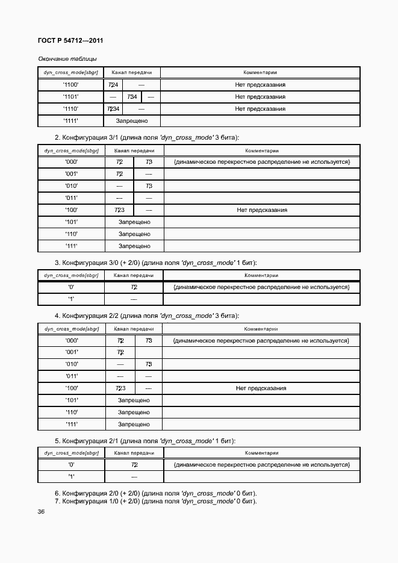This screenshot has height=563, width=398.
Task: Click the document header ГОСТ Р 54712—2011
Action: pyautogui.click(x=70, y=41)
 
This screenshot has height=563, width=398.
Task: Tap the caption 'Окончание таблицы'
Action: pyautogui.click(x=67, y=58)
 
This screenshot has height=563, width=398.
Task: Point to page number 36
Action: pyautogui.click(x=41, y=512)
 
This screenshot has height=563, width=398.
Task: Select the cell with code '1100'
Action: pyautogui.click(x=70, y=85)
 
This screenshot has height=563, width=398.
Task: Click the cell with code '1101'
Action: pyautogui.click(x=70, y=97)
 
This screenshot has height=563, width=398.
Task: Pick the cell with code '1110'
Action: pyautogui.click(x=70, y=109)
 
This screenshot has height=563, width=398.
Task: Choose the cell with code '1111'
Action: pyautogui.click(x=70, y=121)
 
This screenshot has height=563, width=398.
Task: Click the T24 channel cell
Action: pyautogui.click(x=113, y=85)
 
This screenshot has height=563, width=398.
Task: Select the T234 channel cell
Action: pyautogui.click(x=113, y=109)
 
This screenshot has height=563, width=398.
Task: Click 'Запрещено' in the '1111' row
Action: pyautogui.click(x=132, y=121)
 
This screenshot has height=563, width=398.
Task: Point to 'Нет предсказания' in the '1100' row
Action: pyautogui.click(x=260, y=85)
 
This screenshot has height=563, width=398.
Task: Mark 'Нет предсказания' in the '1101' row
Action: pyautogui.click(x=260, y=97)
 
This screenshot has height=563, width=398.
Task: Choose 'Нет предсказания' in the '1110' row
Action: pyautogui.click(x=260, y=109)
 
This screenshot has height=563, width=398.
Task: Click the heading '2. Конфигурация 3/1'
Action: pyautogui.click(x=151, y=137)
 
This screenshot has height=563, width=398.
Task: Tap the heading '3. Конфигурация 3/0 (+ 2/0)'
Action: pyautogui.click(x=156, y=263)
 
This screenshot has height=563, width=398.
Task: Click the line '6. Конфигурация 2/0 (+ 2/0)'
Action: pyautogui.click(x=155, y=493)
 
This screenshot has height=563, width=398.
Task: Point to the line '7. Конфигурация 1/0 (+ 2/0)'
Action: pyautogui.click(x=155, y=501)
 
